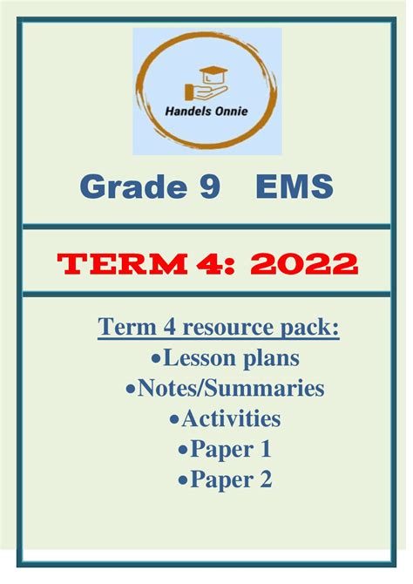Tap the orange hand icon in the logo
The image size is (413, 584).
pos(206,92)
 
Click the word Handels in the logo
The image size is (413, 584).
pos(183,111)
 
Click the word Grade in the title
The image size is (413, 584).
pos(133,186)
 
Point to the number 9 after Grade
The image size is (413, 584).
pos(210,187)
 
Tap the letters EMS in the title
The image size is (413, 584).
pos(295,186)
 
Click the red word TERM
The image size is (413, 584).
pos(122,264)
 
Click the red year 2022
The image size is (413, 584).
pos(303,264)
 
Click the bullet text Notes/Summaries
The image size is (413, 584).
pos(231,388)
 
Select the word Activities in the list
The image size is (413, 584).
pos(231,418)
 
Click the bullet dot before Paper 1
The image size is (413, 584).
pos(183,451)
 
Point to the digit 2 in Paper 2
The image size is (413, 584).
pos(266,479)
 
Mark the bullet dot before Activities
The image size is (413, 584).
pos(174,420)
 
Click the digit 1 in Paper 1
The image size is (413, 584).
pos(266,449)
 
